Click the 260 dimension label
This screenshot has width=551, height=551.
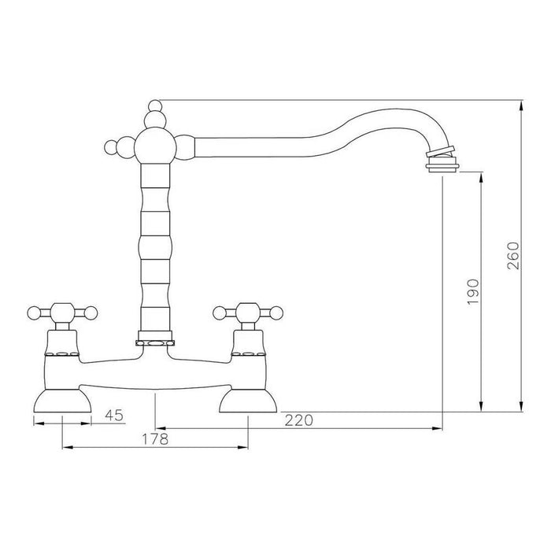coord(512,256)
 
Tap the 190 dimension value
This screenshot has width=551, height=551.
coord(472,292)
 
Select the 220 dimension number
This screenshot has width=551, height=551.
coord(298,420)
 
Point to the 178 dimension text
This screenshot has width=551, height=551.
coord(155,438)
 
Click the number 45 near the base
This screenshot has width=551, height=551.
coord(115,416)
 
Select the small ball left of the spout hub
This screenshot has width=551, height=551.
coord(110,147)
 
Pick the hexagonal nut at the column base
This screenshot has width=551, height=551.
coord(154,343)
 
